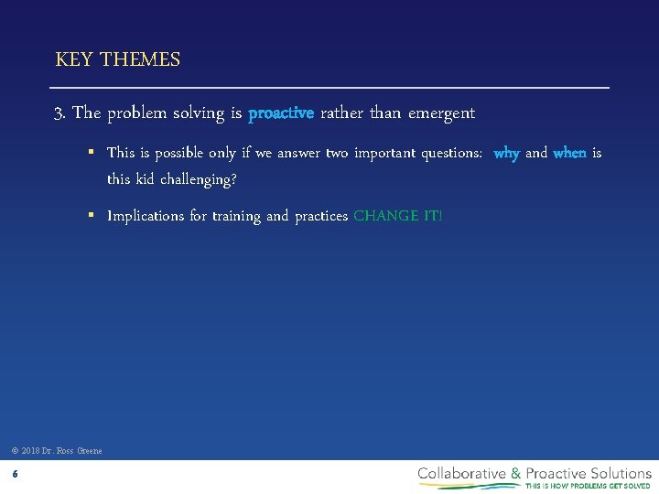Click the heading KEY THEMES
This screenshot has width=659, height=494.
coord(118,60)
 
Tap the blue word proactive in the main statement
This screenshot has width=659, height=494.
coord(281,113)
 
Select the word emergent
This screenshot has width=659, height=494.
coord(441,113)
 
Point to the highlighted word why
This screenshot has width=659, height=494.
coord(506,154)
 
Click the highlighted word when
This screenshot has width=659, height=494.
coord(569,154)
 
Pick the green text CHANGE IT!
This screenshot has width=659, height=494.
coord(397,217)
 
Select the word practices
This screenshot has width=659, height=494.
coord(321,217)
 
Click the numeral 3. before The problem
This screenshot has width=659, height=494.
coord(60,113)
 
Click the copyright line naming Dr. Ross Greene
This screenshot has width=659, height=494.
coord(57,450)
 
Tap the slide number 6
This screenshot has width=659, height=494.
coord(15,474)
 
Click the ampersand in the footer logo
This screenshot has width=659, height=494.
coord(516,473)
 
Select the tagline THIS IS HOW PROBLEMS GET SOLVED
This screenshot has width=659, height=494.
coord(587,486)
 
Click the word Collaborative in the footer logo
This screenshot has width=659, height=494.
coord(462,473)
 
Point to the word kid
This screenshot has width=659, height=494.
coord(146,179)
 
